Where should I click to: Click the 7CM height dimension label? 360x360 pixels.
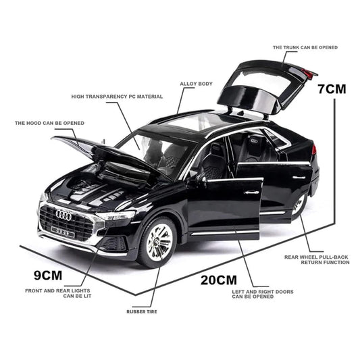[x=331, y=88]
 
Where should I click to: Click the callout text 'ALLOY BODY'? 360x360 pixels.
[x=196, y=84]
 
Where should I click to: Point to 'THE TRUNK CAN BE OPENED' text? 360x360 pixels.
[x=305, y=47]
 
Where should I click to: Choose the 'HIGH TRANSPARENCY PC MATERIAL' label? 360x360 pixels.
[x=117, y=97]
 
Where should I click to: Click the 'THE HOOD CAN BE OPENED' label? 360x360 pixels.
[x=49, y=124]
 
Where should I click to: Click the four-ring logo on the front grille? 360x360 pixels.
[x=63, y=215]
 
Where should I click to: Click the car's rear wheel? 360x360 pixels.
[x=299, y=205]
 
